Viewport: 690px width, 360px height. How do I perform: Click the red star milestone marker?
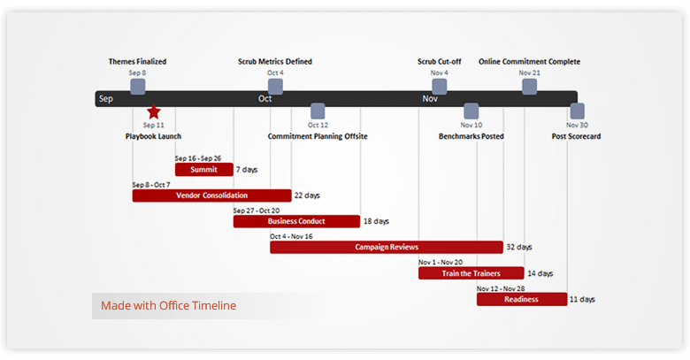click(x=154, y=111)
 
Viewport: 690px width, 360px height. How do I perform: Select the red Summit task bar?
click(x=203, y=170)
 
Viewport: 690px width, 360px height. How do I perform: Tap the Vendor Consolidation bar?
click(x=211, y=195)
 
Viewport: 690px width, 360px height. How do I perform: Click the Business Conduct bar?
click(x=296, y=221)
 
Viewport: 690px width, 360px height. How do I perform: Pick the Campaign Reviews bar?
click(x=387, y=247)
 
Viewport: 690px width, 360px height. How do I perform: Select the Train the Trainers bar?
click(x=471, y=273)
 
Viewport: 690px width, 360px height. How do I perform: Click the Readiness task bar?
click(x=521, y=299)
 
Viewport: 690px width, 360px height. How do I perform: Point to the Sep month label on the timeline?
click(x=106, y=98)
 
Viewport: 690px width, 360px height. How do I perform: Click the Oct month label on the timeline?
click(x=265, y=98)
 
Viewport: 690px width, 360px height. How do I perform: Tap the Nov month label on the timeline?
click(x=430, y=98)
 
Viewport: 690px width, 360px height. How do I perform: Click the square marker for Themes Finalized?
click(x=138, y=86)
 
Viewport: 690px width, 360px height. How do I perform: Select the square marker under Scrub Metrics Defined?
click(x=275, y=86)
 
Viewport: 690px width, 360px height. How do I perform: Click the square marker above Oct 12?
click(x=318, y=111)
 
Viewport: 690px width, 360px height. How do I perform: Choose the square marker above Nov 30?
click(x=577, y=111)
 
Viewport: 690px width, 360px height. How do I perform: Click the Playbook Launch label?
click(x=153, y=136)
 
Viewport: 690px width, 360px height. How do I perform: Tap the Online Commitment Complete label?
click(x=529, y=62)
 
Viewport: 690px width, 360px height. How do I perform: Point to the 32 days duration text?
click(x=519, y=247)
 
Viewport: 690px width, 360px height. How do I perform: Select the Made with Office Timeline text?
click(x=168, y=306)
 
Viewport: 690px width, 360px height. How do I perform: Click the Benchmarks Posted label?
click(x=471, y=136)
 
